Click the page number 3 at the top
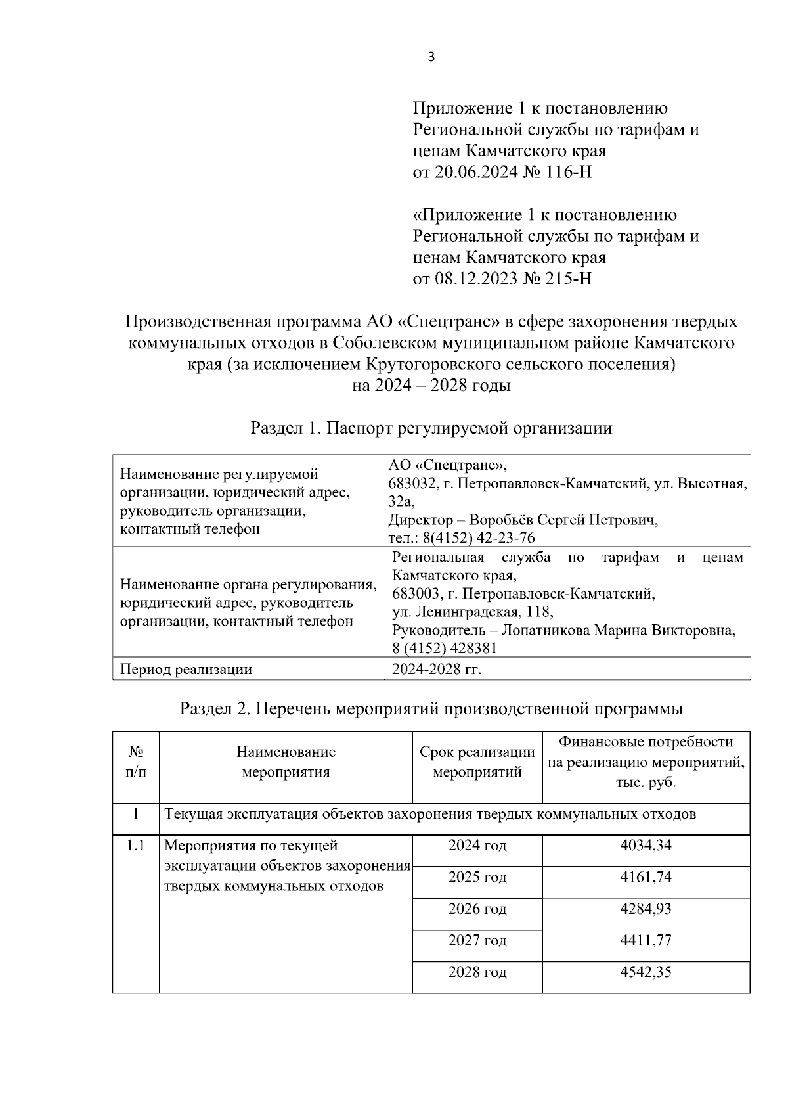click(x=431, y=57)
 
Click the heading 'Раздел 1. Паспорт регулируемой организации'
click(x=431, y=428)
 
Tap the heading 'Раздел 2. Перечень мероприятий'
click(x=431, y=709)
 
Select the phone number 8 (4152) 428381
click(x=445, y=649)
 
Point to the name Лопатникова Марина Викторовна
click(x=618, y=630)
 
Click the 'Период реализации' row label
click(x=186, y=670)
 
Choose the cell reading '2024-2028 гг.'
click(x=437, y=670)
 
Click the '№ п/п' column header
click(x=136, y=762)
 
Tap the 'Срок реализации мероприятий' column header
click(x=477, y=762)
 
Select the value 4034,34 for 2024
click(x=646, y=845)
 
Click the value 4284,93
click(x=646, y=909)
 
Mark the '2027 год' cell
click(x=477, y=940)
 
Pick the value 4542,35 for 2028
click(x=646, y=972)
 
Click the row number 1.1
click(x=136, y=846)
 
